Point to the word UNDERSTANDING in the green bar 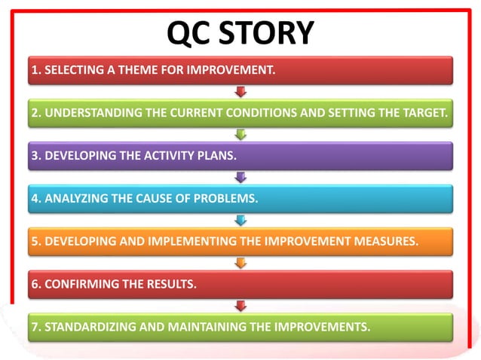pos(83,114)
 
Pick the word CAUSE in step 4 pos(154,200)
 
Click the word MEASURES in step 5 pos(389,243)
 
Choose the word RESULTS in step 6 pos(170,285)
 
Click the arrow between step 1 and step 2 pos(240,93)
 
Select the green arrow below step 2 pos(240,136)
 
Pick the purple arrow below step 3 pos(240,178)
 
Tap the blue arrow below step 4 pos(240,221)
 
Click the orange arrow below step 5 pos(240,264)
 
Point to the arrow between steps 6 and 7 pos(240,306)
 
